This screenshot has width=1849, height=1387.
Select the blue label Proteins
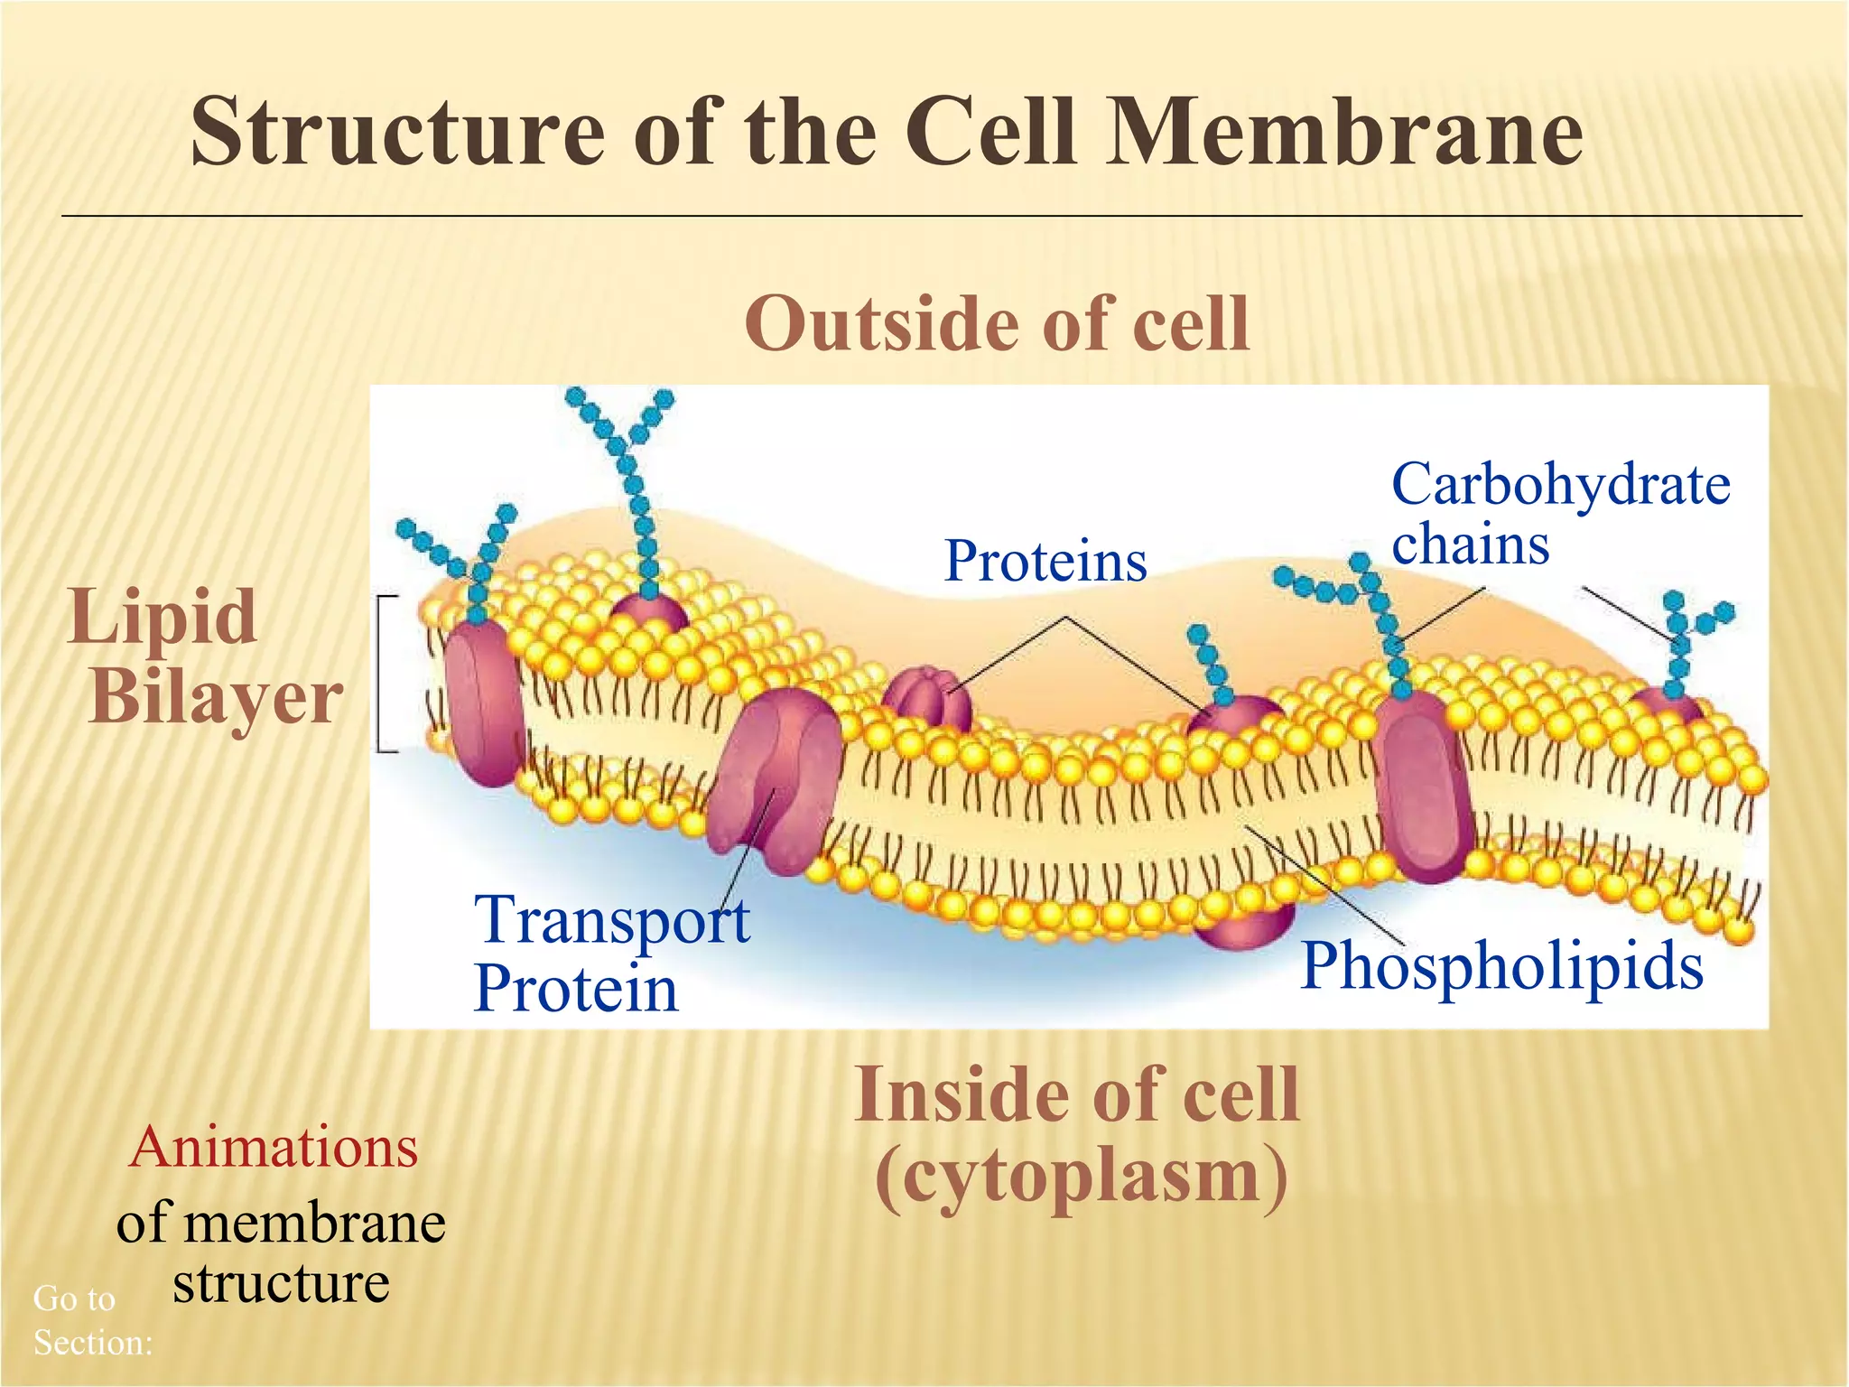tap(1045, 561)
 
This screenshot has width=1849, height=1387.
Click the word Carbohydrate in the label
tap(1560, 486)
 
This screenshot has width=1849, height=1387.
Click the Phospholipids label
tap(1501, 966)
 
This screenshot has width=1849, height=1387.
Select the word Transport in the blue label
tap(611, 919)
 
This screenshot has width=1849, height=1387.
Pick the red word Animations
tap(274, 1148)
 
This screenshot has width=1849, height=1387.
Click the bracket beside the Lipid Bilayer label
tap(383, 674)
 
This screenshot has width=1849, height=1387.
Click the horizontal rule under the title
tap(930, 216)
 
